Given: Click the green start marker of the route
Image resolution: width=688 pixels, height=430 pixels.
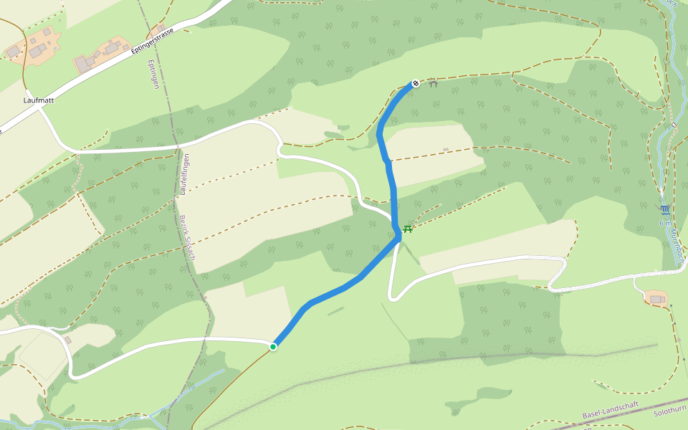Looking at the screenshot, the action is tap(273, 347).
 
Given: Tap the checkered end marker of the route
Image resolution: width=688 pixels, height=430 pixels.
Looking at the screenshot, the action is tap(416, 83).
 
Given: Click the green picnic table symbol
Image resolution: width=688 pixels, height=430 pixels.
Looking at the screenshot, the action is tap(407, 229).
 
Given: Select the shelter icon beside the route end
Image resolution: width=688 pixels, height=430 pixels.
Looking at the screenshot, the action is tap(433, 85).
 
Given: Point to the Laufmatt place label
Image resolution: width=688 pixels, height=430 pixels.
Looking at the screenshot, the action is tap(39, 100).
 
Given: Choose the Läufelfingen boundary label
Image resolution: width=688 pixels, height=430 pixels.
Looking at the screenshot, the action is tap(185, 174).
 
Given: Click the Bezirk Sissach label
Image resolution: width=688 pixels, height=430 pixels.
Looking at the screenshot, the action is tap(187, 237).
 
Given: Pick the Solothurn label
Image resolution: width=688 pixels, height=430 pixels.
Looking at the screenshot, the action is tap(671, 414).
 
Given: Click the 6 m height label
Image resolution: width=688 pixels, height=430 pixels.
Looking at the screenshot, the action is tap(661, 223).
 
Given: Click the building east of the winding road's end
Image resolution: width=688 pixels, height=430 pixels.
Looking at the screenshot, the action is tap(656, 298).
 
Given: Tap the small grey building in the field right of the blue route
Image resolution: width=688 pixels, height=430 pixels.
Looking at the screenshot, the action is tap(446, 150).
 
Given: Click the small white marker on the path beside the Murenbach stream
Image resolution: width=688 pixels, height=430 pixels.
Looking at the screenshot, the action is tap(674, 125).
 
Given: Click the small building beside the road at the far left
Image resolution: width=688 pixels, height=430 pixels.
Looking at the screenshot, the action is tap(67, 340).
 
